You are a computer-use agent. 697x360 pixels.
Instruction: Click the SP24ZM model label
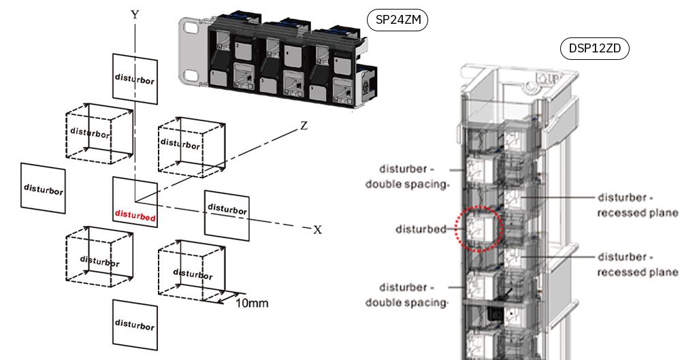tap(398, 20)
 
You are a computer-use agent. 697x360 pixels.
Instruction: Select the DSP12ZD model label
tap(594, 49)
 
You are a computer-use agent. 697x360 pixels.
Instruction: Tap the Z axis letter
tap(304, 126)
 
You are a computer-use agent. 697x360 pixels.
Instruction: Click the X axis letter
tap(317, 230)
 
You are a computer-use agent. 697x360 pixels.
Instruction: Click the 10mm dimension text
tap(251, 302)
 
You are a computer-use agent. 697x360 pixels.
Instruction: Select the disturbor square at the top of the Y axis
tap(134, 80)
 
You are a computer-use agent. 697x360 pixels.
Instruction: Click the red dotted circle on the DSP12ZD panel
tap(479, 229)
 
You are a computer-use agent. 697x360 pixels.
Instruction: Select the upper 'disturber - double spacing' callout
tap(406, 177)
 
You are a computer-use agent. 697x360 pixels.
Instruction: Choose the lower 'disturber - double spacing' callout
tap(406, 295)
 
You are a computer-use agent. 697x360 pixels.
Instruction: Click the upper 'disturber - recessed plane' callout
tap(637, 205)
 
